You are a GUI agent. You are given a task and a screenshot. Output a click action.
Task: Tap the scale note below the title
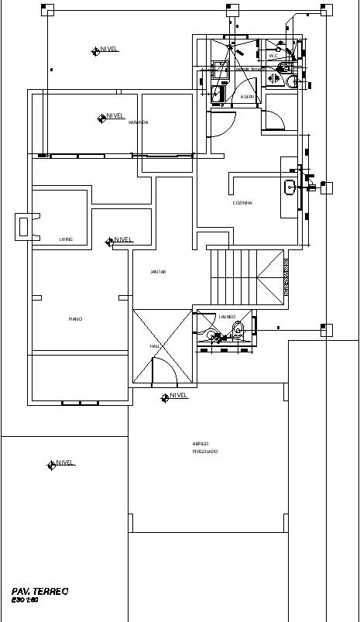point(26,600)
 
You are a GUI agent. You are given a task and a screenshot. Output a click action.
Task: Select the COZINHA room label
point(242,203)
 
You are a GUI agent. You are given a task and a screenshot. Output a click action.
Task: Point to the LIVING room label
point(66,239)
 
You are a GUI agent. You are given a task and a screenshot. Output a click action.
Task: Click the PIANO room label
point(75,318)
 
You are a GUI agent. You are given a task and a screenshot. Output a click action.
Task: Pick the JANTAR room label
point(158,272)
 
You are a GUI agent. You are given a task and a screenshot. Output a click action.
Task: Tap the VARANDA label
point(139,122)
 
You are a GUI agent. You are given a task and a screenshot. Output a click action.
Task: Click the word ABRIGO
point(201,444)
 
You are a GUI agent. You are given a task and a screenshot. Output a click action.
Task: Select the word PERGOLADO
point(205,451)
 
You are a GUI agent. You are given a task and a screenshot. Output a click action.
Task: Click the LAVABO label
point(227,317)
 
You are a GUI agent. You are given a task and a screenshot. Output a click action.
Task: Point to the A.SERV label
point(248,97)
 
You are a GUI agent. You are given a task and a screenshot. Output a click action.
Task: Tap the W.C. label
point(273,56)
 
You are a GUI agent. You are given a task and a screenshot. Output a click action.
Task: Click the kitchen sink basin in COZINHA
point(290,186)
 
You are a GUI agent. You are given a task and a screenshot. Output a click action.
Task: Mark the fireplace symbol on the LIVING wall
point(23,227)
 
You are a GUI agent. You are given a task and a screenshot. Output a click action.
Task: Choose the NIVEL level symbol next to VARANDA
point(102,118)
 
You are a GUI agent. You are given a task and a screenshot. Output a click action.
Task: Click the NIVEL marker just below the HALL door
point(165,397)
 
